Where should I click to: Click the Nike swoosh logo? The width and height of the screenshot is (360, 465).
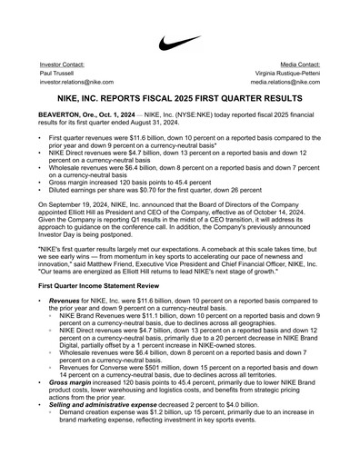(179, 43)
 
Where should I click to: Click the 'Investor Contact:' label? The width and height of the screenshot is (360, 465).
(63, 65)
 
